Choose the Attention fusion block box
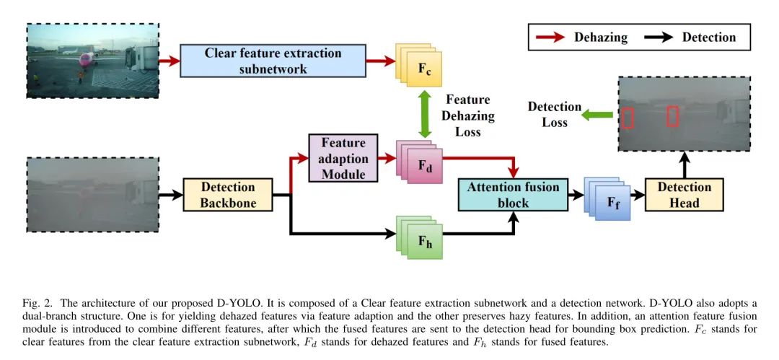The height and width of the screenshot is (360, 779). [514, 194]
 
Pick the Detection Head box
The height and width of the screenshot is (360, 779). [683, 195]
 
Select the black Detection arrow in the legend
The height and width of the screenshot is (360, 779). [659, 38]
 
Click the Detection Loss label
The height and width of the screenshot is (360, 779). [554, 115]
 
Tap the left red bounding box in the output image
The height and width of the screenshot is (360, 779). [628, 117]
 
